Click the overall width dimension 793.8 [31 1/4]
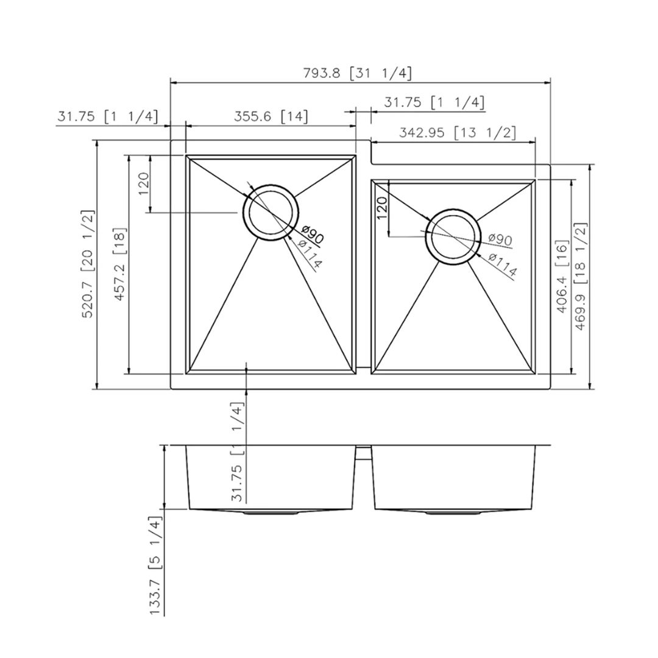[x=358, y=73]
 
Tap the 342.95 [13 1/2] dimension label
[x=458, y=132]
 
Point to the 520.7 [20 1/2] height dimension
[x=87, y=263]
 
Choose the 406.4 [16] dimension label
[x=562, y=275]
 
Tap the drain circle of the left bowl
[x=271, y=213]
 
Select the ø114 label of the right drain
[x=503, y=265]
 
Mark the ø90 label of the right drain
[x=500, y=240]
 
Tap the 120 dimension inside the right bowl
[x=381, y=208]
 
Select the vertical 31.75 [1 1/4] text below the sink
[x=238, y=451]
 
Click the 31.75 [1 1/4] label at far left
[x=107, y=116]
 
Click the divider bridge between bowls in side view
[x=363, y=451]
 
